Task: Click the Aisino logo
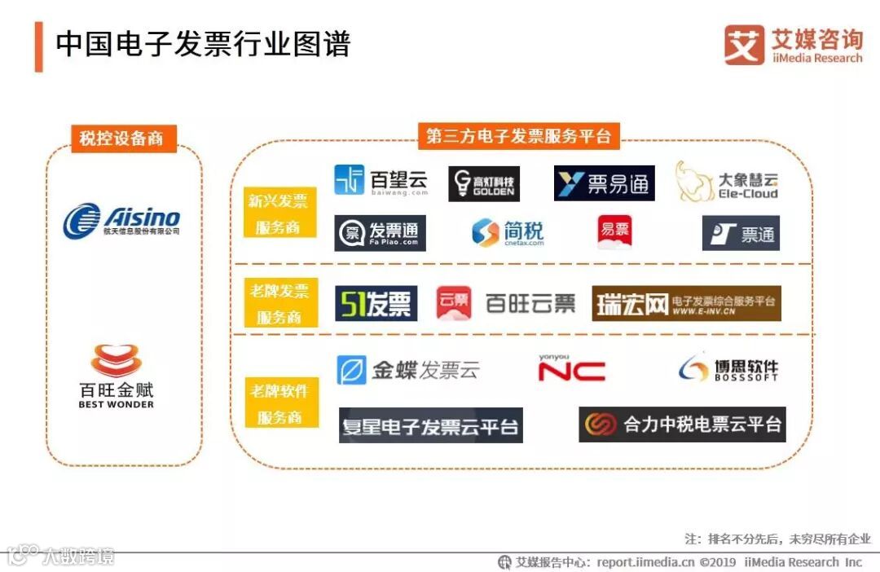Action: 121,221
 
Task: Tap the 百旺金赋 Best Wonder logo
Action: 116,376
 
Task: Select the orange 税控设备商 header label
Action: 121,138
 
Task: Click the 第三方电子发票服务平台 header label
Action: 519,135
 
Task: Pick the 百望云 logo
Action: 381,180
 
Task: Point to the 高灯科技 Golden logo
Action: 484,183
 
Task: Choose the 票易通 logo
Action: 604,183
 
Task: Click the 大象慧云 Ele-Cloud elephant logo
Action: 726,183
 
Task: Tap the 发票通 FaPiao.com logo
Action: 380,233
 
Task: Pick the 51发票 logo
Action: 376,303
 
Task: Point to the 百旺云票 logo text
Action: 530,304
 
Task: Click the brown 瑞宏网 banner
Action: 686,303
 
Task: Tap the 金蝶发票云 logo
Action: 408,370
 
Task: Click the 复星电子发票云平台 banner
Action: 430,426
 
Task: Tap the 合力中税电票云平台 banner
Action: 682,425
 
